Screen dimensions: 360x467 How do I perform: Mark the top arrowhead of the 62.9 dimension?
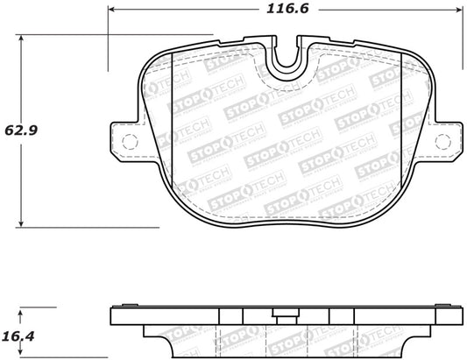point(21,39)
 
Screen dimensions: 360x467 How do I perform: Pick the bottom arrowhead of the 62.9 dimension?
point(21,223)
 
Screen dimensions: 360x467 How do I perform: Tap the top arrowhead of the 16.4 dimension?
point(21,311)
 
